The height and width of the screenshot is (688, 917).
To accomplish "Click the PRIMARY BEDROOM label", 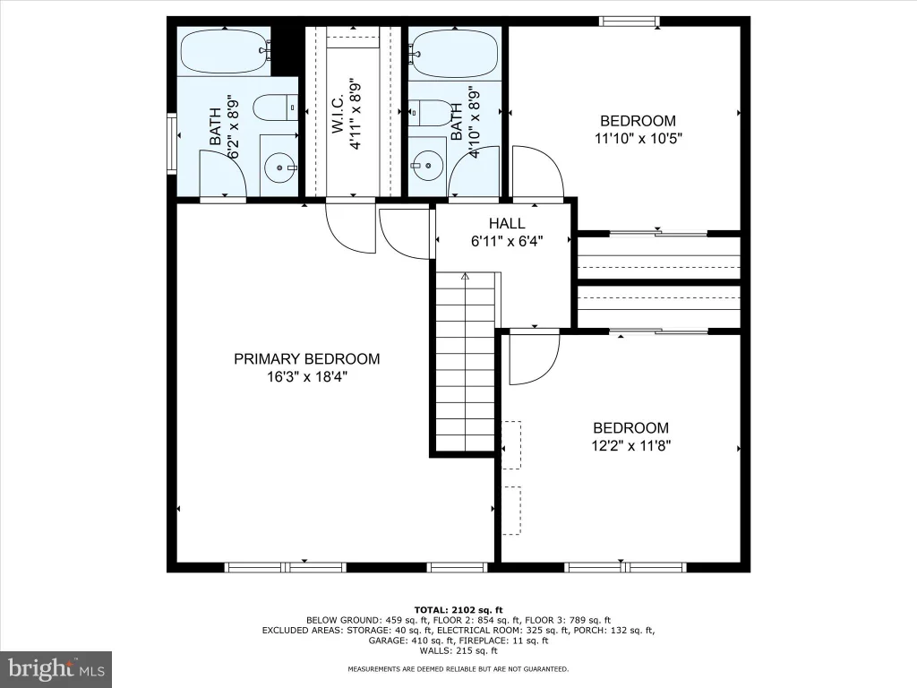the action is (306, 358).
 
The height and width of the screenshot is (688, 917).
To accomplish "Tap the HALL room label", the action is (507, 223).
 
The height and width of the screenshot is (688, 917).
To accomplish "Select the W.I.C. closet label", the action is (338, 114).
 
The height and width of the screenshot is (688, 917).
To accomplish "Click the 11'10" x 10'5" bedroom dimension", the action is (638, 139).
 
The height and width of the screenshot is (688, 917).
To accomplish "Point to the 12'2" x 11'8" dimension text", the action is (631, 446).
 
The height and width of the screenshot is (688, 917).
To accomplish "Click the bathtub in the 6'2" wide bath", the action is (225, 51).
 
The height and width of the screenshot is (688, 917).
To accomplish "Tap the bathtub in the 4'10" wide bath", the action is (454, 54).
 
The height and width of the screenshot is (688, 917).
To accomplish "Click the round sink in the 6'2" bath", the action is (280, 168).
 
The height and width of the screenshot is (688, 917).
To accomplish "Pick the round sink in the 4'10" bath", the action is (427, 165).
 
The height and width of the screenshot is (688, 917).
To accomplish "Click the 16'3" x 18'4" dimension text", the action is (308, 377).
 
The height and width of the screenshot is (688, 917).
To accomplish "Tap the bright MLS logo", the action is (56, 668).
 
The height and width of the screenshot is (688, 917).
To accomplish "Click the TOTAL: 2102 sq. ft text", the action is (458, 609).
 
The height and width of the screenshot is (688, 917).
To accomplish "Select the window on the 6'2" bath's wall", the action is (171, 144).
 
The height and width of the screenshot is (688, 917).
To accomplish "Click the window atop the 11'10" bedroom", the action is (630, 21).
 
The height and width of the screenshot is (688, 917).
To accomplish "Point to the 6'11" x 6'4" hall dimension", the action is (507, 241).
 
